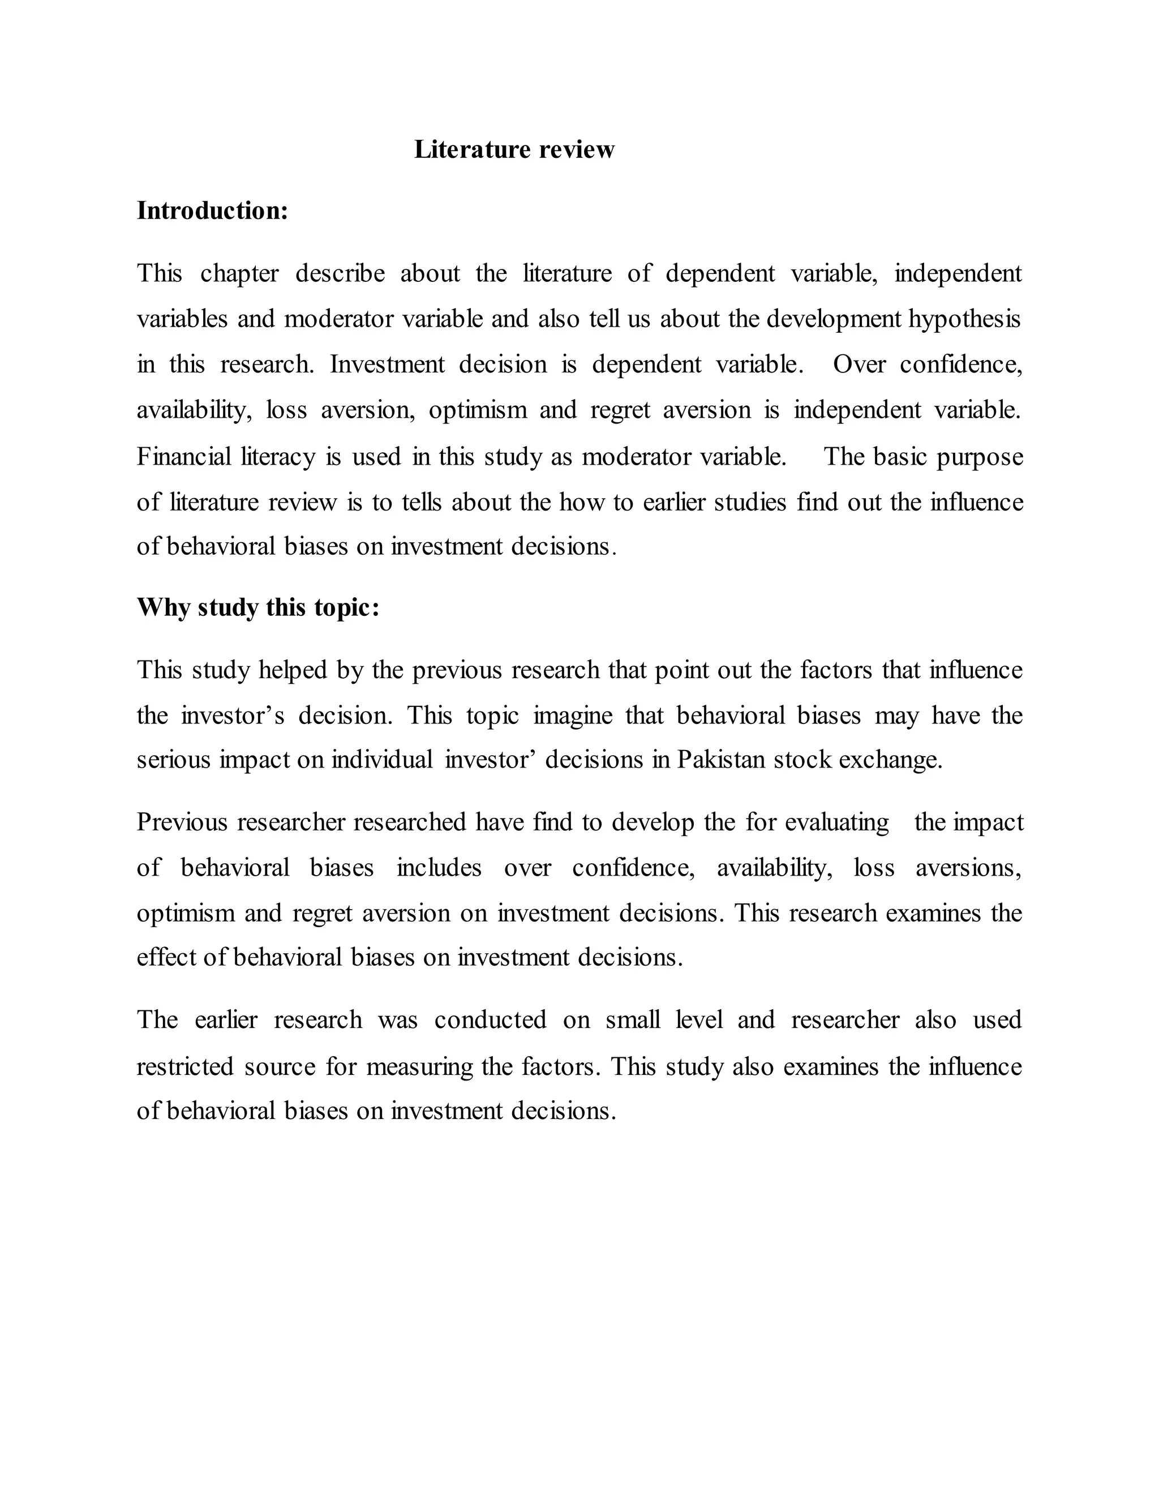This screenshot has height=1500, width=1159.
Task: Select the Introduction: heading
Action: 212,211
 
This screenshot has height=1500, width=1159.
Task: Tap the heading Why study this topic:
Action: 257,608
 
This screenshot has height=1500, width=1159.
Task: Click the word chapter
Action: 239,274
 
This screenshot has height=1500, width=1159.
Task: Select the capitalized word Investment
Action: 387,365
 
